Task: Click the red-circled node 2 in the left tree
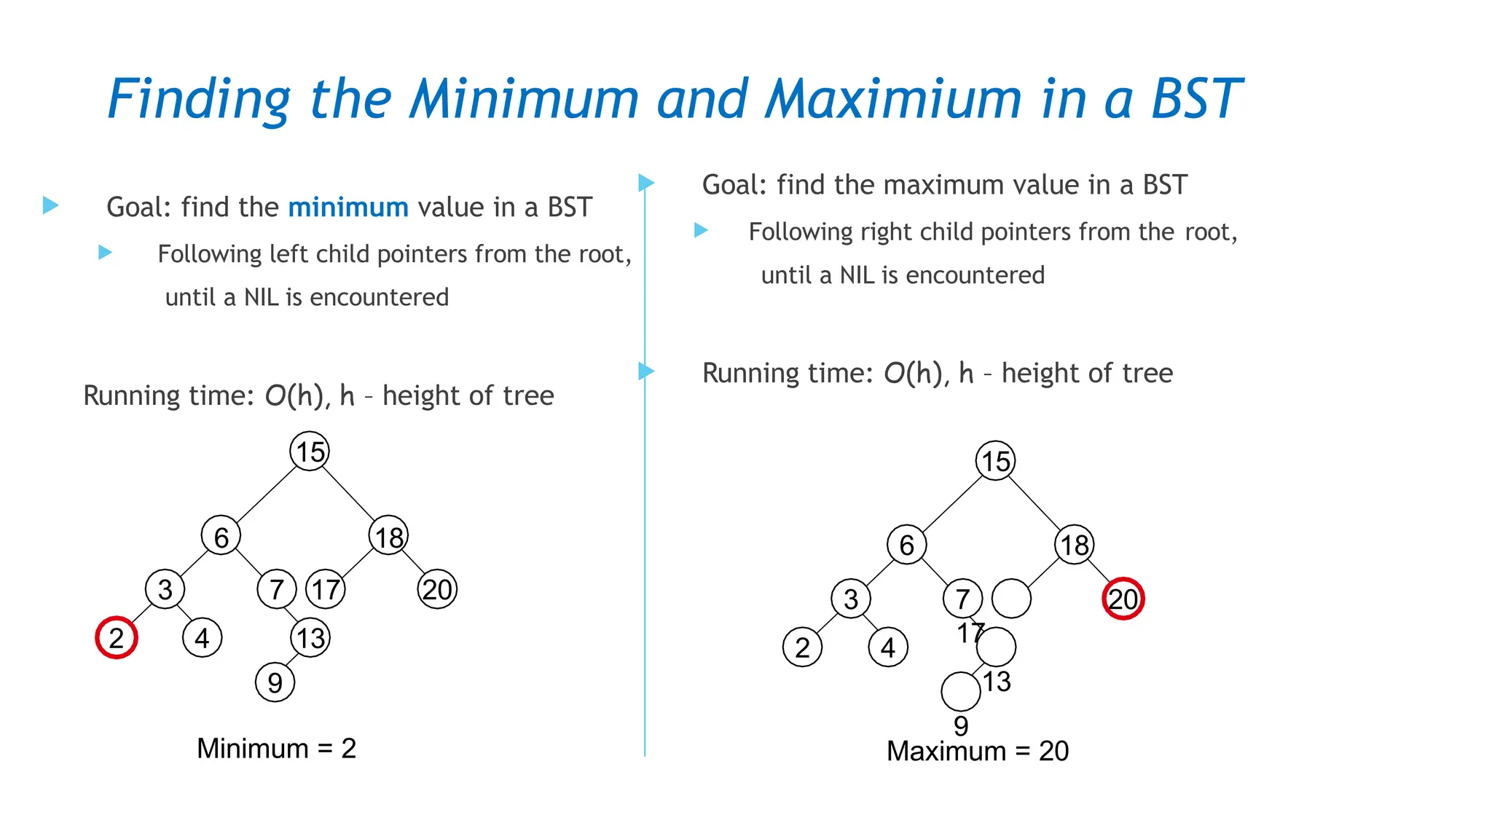tap(117, 638)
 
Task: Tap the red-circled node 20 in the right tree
tap(1123, 599)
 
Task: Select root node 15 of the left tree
tap(310, 452)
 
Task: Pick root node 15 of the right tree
tap(995, 461)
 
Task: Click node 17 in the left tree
tap(326, 589)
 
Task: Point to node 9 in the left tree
tap(275, 682)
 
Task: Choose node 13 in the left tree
tap(310, 638)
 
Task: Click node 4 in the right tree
tap(888, 647)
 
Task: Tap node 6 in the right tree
tap(906, 545)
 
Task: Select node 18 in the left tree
tap(389, 537)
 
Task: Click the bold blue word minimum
tap(348, 208)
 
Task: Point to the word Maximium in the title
tap(894, 99)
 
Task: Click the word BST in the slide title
tap(1195, 99)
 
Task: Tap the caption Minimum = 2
tap(276, 749)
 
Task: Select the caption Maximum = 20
tap(977, 751)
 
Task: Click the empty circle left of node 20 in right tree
tap(1012, 599)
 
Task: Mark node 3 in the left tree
tap(165, 589)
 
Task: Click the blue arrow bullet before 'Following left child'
tap(106, 253)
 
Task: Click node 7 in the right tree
tap(962, 599)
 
